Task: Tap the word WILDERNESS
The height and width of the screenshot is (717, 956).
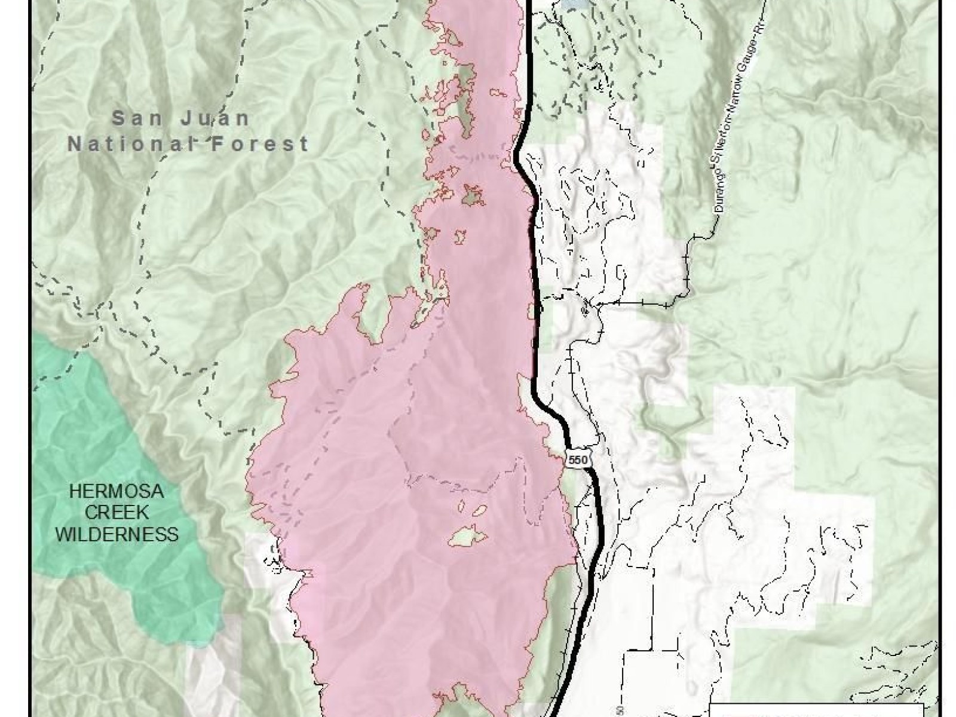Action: [x=117, y=534]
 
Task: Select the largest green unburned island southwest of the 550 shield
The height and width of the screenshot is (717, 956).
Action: [x=469, y=536]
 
